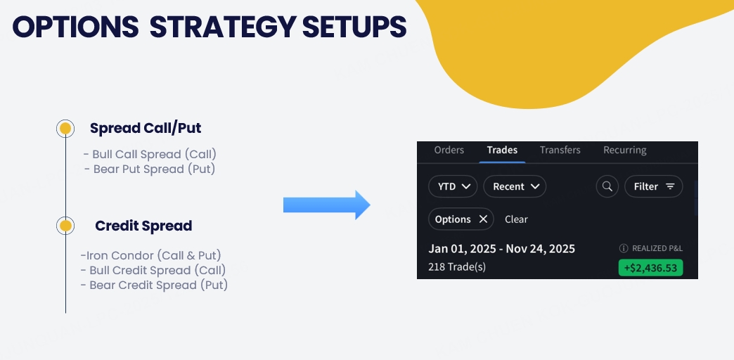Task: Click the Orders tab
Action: [x=449, y=150]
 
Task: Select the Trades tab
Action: [x=502, y=150]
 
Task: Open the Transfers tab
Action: [x=560, y=150]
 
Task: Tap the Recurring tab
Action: [x=625, y=150]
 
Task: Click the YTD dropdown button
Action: [x=453, y=186]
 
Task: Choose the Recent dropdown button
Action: [x=515, y=186]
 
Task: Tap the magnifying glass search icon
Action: [x=607, y=186]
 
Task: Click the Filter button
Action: [x=653, y=186]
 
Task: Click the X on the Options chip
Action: [x=483, y=219]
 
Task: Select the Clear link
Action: [x=516, y=219]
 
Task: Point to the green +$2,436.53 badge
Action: [x=650, y=268]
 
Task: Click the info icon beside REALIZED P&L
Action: [x=624, y=249]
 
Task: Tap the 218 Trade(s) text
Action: [x=457, y=267]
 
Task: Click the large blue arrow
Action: [x=327, y=205]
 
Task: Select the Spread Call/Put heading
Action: [x=146, y=128]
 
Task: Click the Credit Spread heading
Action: [x=143, y=226]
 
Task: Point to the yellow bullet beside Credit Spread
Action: [x=65, y=226]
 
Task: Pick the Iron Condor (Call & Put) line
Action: [x=150, y=256]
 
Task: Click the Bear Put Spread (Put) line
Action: [x=150, y=169]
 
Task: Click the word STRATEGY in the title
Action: [x=223, y=27]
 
